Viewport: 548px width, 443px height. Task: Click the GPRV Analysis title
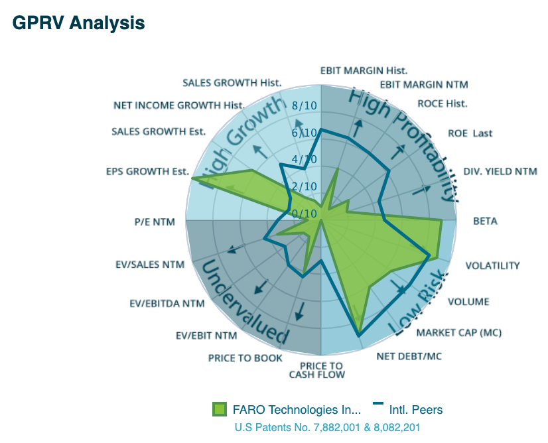click(x=78, y=23)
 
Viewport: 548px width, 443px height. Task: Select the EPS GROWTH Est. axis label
click(x=147, y=172)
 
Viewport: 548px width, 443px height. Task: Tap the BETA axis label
click(x=485, y=221)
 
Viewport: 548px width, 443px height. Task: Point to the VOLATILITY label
click(x=492, y=266)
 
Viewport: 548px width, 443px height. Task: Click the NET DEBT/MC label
click(x=409, y=356)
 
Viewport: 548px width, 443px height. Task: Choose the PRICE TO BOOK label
click(x=245, y=358)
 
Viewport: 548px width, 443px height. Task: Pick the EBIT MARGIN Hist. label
click(x=364, y=70)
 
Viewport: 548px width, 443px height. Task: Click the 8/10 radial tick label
click(x=305, y=106)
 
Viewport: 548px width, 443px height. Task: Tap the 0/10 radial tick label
click(x=305, y=214)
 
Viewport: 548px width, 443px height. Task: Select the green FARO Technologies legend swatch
click(x=220, y=410)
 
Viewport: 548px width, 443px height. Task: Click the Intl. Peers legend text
click(x=417, y=410)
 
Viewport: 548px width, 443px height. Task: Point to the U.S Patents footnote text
click(x=327, y=428)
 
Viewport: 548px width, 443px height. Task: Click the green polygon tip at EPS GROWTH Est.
click(x=192, y=179)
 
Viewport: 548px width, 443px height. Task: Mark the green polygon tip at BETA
click(x=441, y=220)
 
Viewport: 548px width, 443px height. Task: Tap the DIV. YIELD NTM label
click(x=500, y=172)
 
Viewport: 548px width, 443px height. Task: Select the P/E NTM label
click(x=154, y=222)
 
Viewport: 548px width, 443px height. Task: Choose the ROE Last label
click(x=470, y=133)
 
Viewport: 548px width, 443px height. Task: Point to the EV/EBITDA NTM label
click(x=167, y=304)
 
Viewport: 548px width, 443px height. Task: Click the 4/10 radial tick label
click(x=305, y=160)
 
